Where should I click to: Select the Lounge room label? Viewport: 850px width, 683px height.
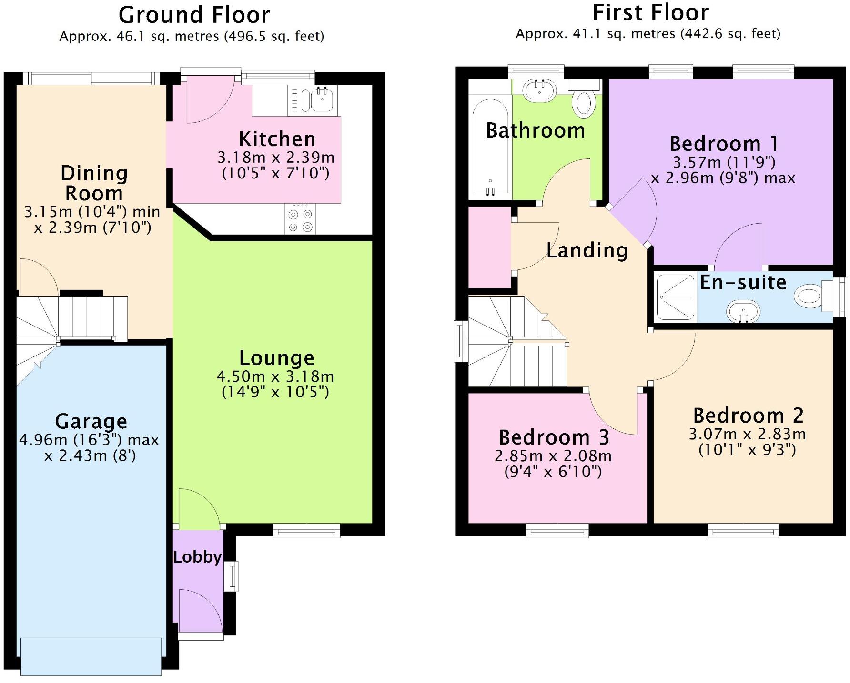pos(276,358)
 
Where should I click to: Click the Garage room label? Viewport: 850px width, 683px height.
pos(91,421)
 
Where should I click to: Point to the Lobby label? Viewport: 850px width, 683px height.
pos(197,557)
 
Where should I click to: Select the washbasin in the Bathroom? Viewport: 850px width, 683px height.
pos(539,90)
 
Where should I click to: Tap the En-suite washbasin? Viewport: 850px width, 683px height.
pos(743,312)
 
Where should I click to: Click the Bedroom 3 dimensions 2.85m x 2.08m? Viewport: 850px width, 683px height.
pos(553,456)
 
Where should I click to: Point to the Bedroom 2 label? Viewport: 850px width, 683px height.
pos(748,416)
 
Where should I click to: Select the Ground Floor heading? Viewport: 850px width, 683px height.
pos(194,15)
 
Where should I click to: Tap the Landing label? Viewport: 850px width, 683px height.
pos(587,250)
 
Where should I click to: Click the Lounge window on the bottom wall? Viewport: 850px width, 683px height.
pos(306,531)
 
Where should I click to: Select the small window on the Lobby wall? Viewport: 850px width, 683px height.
pos(231,576)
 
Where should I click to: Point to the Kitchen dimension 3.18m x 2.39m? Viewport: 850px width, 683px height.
pos(276,158)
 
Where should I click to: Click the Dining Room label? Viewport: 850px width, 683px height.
pos(94,183)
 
